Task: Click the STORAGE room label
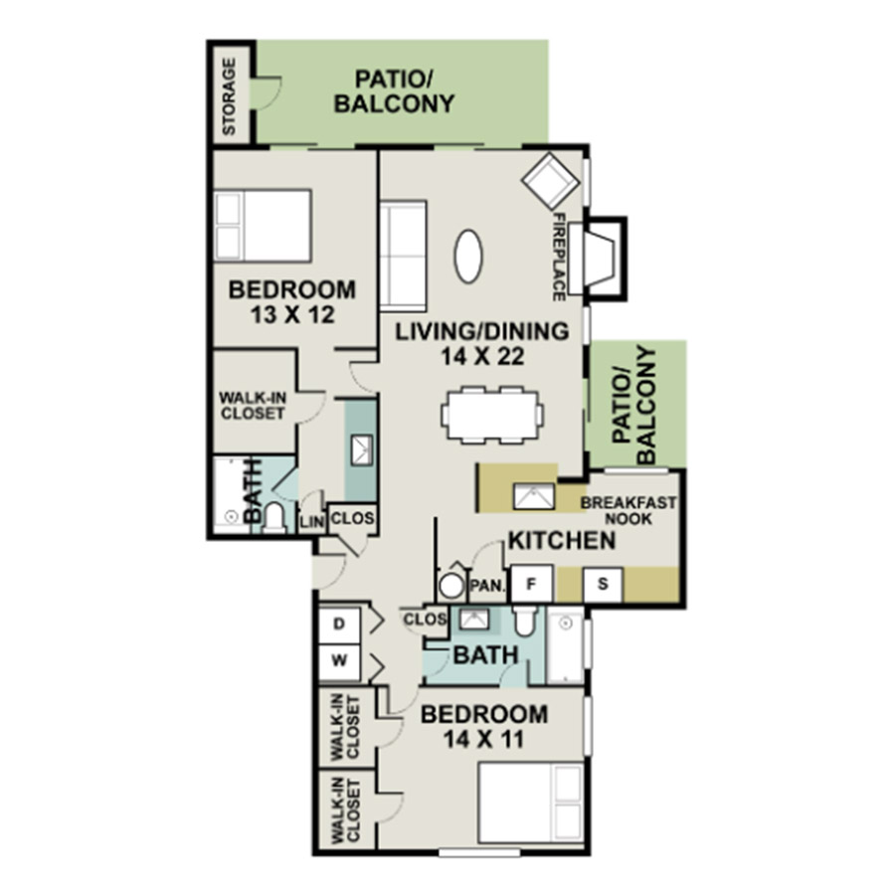(x=229, y=96)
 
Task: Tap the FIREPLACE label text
(x=559, y=257)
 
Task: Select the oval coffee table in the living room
(x=468, y=256)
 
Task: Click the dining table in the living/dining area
(x=492, y=415)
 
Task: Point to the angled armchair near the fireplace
(x=550, y=181)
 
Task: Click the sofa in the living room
(x=404, y=256)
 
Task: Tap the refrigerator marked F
(x=531, y=584)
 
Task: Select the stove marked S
(x=603, y=584)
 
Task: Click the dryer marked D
(x=339, y=625)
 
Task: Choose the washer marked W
(x=339, y=662)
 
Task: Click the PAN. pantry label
(x=487, y=586)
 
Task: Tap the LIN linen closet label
(x=312, y=522)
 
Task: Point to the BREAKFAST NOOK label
(x=627, y=511)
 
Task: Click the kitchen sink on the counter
(x=534, y=496)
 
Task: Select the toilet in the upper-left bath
(x=274, y=516)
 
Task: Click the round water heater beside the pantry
(x=451, y=586)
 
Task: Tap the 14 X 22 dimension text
(x=482, y=357)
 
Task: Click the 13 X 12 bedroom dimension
(x=292, y=314)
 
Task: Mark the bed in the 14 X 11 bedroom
(x=530, y=804)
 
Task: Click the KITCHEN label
(x=562, y=541)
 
